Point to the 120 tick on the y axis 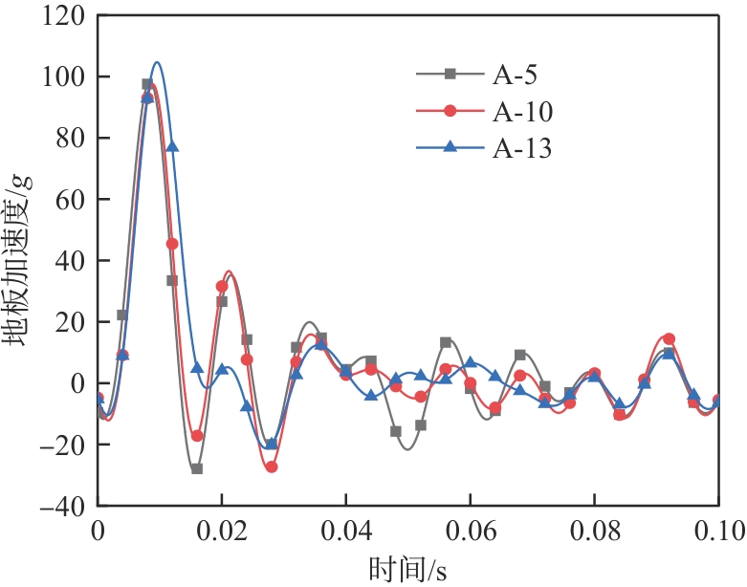coord(63,16)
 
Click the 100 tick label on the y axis coord(63,77)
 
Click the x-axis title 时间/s coord(407,570)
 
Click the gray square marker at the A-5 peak coord(147,84)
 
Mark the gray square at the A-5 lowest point coord(197,468)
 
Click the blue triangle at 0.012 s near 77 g coord(172,146)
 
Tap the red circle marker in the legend coord(451,112)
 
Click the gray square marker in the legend coord(451,75)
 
